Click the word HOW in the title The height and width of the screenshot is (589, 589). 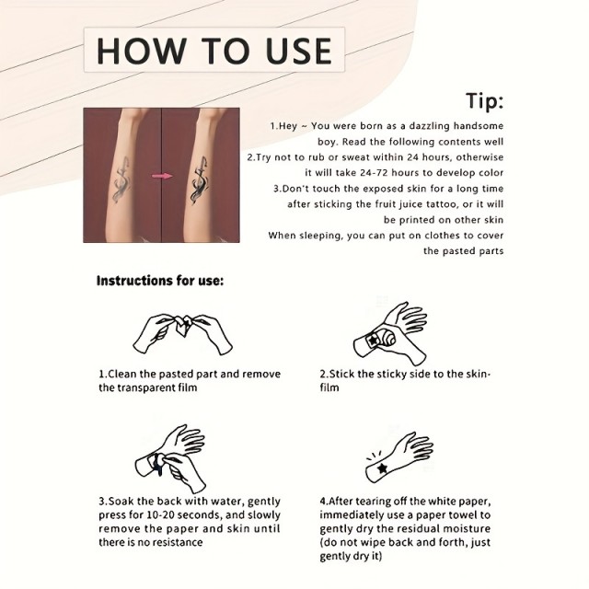tap(142, 51)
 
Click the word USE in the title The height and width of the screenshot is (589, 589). tap(298, 51)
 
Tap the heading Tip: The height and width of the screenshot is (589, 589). tap(485, 100)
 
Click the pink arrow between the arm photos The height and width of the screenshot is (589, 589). tap(162, 176)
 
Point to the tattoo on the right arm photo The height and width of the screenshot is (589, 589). tap(199, 180)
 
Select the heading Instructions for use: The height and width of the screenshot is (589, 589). tap(159, 281)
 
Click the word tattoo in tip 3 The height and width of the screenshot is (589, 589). tap(443, 204)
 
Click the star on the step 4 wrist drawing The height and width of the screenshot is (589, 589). tap(383, 468)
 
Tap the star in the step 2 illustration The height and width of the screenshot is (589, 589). tap(373, 341)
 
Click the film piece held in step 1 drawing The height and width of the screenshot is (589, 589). tap(184, 325)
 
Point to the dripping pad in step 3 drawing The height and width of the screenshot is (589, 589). tap(158, 464)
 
